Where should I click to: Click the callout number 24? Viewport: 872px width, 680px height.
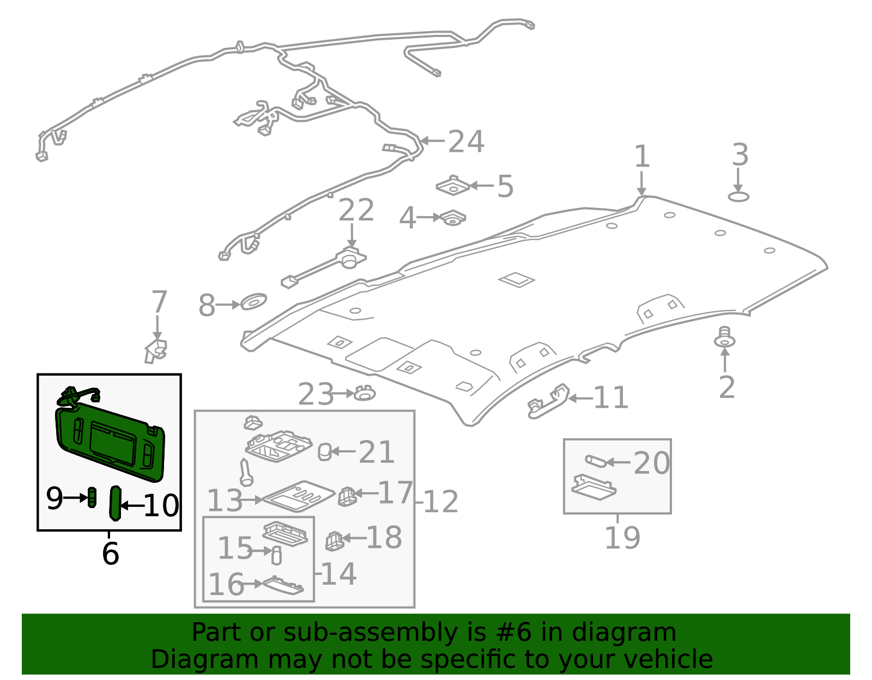[466, 142]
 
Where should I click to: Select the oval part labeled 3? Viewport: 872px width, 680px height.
[738, 197]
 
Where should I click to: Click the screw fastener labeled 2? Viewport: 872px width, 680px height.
[724, 338]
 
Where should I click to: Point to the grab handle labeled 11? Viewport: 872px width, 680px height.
[548, 401]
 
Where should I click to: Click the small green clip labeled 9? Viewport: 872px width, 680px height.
[93, 497]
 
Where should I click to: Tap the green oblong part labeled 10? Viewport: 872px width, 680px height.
[115, 503]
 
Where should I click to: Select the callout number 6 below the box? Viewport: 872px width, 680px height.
[110, 554]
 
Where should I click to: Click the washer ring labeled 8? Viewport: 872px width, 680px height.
[253, 301]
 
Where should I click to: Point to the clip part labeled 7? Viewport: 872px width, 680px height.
[156, 350]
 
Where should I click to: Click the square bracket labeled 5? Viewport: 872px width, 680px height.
[453, 186]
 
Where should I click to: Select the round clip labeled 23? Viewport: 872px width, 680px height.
[365, 393]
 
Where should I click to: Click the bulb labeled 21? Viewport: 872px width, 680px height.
[324, 451]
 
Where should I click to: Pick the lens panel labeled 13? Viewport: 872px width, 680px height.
[298, 496]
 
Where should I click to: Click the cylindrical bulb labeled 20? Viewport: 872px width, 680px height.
[595, 461]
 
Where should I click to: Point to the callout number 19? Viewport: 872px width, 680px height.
[622, 538]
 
